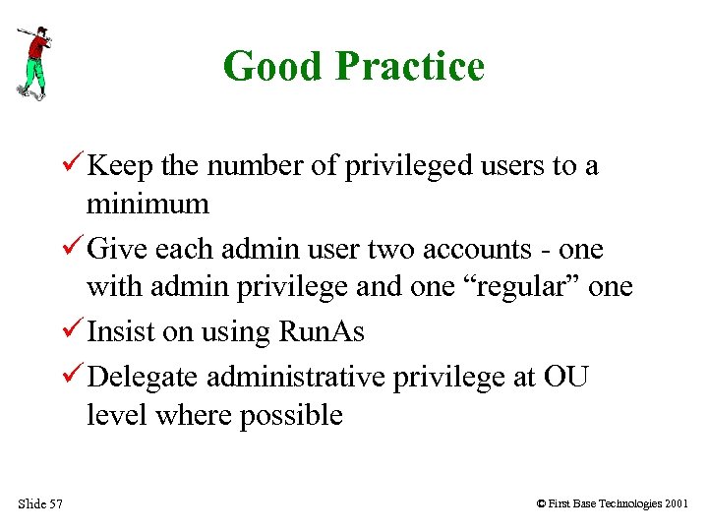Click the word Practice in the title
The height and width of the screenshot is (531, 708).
coord(410,67)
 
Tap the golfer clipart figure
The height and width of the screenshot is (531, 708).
coord(33,61)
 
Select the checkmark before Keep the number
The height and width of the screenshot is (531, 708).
coord(72,165)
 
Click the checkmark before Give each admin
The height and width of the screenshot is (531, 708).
coord(72,249)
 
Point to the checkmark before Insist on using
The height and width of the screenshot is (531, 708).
coord(72,331)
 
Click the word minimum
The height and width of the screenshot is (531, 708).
coord(147,205)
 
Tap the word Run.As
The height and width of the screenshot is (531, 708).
coord(322,332)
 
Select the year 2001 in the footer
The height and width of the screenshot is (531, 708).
coord(676,504)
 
